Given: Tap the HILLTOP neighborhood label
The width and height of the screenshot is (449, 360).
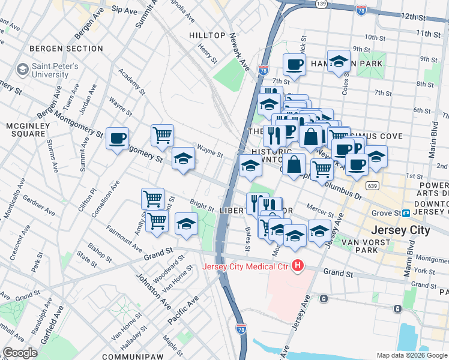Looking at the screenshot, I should [x=207, y=36].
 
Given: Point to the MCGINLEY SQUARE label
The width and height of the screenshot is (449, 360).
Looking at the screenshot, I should [x=26, y=129].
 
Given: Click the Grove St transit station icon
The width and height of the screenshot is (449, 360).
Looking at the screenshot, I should [x=406, y=213].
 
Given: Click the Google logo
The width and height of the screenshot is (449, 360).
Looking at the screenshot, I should [x=20, y=353].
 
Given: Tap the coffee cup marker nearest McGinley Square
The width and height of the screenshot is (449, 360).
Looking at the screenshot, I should [x=118, y=139].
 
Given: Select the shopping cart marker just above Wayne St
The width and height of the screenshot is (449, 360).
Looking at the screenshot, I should [x=162, y=135].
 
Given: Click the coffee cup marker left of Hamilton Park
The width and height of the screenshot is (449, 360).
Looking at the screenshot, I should [x=294, y=64].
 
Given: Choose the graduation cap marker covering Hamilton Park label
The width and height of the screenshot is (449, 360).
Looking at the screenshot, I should [x=339, y=62].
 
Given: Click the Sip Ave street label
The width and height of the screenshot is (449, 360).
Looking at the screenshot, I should [x=125, y=10].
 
